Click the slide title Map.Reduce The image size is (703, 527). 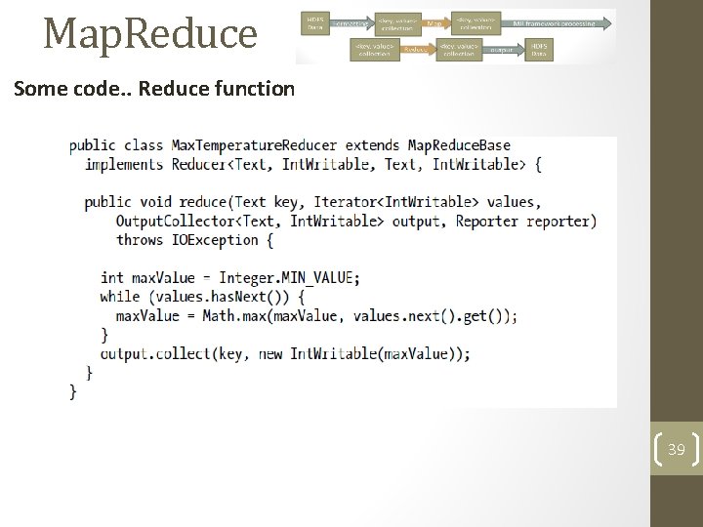point(149,33)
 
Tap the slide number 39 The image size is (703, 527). point(676,450)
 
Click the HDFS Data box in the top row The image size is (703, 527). point(315,21)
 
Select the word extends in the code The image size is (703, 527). point(373,145)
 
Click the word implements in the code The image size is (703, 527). point(124,164)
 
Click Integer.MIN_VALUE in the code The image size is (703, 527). point(286,277)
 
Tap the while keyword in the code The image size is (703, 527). point(119,296)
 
